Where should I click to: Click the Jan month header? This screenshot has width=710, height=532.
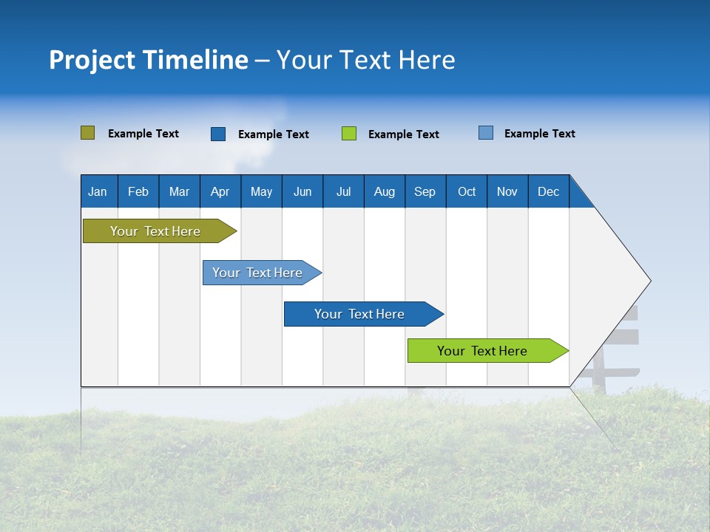click(x=98, y=191)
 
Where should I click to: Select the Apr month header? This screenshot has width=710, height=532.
click(x=220, y=191)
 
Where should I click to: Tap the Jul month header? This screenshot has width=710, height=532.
click(x=343, y=191)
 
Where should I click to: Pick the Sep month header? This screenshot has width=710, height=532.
click(x=425, y=191)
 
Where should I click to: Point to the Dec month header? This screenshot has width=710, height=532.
click(x=548, y=191)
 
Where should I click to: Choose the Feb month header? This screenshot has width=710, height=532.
click(x=138, y=191)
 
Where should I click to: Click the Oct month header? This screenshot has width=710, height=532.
click(x=467, y=191)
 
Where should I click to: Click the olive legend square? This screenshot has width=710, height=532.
click(x=87, y=133)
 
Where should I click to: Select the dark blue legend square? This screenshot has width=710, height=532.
click(x=218, y=134)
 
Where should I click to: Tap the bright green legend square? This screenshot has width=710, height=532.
click(x=349, y=134)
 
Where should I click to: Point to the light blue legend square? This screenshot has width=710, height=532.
click(x=486, y=133)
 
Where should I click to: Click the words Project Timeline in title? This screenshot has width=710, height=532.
click(x=149, y=60)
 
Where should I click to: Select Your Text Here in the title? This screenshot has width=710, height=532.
click(x=365, y=60)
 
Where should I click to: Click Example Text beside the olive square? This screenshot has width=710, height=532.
click(x=143, y=134)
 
